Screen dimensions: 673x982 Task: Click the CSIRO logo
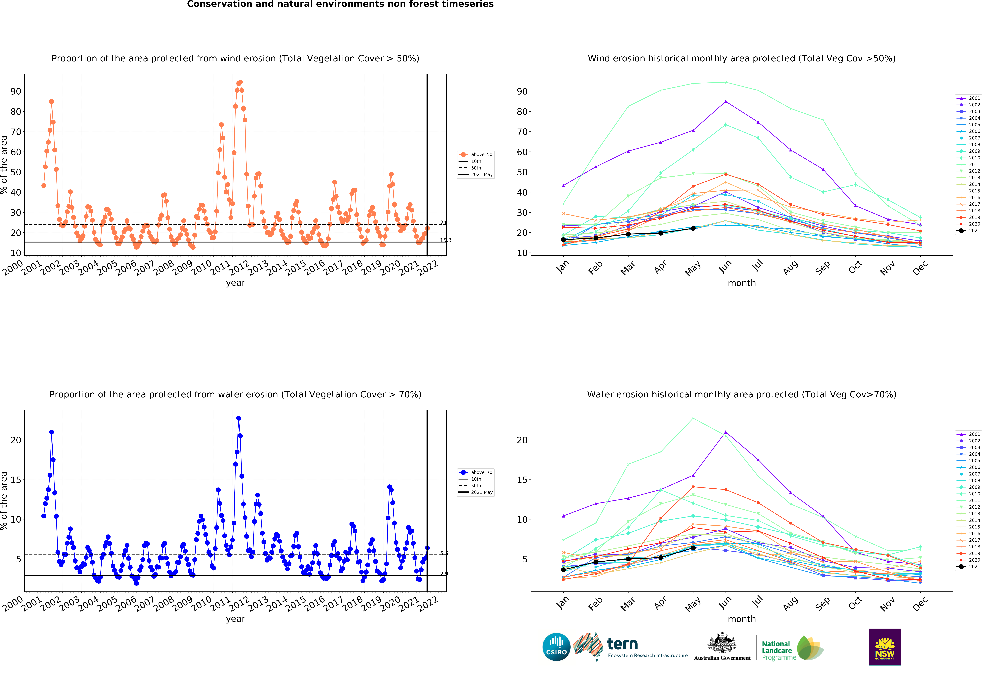[556, 647]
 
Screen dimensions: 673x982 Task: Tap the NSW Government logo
[885, 647]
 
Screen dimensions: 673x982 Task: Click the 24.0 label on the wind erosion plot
[445, 223]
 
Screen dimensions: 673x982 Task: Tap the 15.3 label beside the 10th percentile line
[445, 240]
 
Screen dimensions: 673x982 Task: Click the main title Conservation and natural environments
[340, 4]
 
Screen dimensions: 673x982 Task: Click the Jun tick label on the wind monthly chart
[725, 267]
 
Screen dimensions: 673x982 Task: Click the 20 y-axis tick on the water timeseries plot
[16, 440]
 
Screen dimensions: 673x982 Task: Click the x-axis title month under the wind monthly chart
[742, 283]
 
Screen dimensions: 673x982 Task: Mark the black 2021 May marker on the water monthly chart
[693, 548]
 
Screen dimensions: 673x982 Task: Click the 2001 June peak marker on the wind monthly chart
[726, 101]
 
